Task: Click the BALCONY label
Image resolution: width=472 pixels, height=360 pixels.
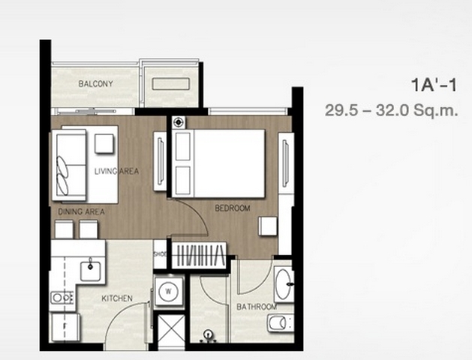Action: pos(95,83)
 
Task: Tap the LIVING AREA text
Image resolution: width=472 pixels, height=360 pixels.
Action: pos(117,171)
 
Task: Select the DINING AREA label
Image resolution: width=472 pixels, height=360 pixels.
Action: pos(81,211)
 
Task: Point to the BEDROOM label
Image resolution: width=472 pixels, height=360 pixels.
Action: pos(233,208)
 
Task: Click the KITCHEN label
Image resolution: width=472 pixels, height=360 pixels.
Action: pos(117,298)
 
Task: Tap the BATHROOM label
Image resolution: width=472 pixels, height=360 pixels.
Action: pos(257,307)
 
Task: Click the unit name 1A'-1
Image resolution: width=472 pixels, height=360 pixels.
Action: pos(434,85)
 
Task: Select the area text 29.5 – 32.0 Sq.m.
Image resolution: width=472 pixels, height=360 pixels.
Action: pos(391,110)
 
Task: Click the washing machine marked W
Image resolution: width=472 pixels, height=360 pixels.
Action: pos(169,291)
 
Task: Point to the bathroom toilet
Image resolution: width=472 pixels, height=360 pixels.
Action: pos(280,323)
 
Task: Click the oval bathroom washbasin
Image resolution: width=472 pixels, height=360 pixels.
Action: pos(283,284)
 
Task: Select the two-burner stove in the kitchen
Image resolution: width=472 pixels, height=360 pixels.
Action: pos(62,298)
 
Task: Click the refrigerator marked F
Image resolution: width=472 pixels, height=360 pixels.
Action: pos(65,326)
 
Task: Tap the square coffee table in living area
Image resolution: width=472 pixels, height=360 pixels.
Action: pos(104,143)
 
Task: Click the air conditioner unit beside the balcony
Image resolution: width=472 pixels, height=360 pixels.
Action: pos(170,84)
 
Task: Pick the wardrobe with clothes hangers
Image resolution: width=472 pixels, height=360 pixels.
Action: pos(200,255)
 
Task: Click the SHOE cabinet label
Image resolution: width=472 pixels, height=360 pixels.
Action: pos(160,254)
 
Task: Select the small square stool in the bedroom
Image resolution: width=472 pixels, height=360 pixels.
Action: pos(268,226)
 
